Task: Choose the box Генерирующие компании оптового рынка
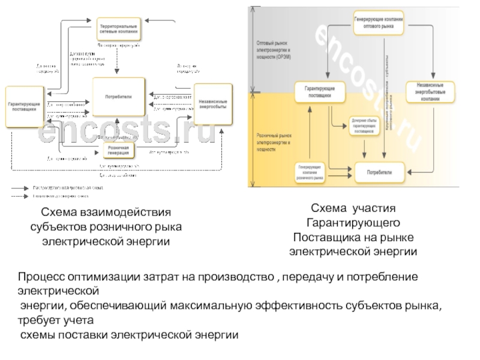tap(378, 22)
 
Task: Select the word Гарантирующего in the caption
tap(353, 223)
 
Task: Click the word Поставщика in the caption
tap(327, 236)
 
